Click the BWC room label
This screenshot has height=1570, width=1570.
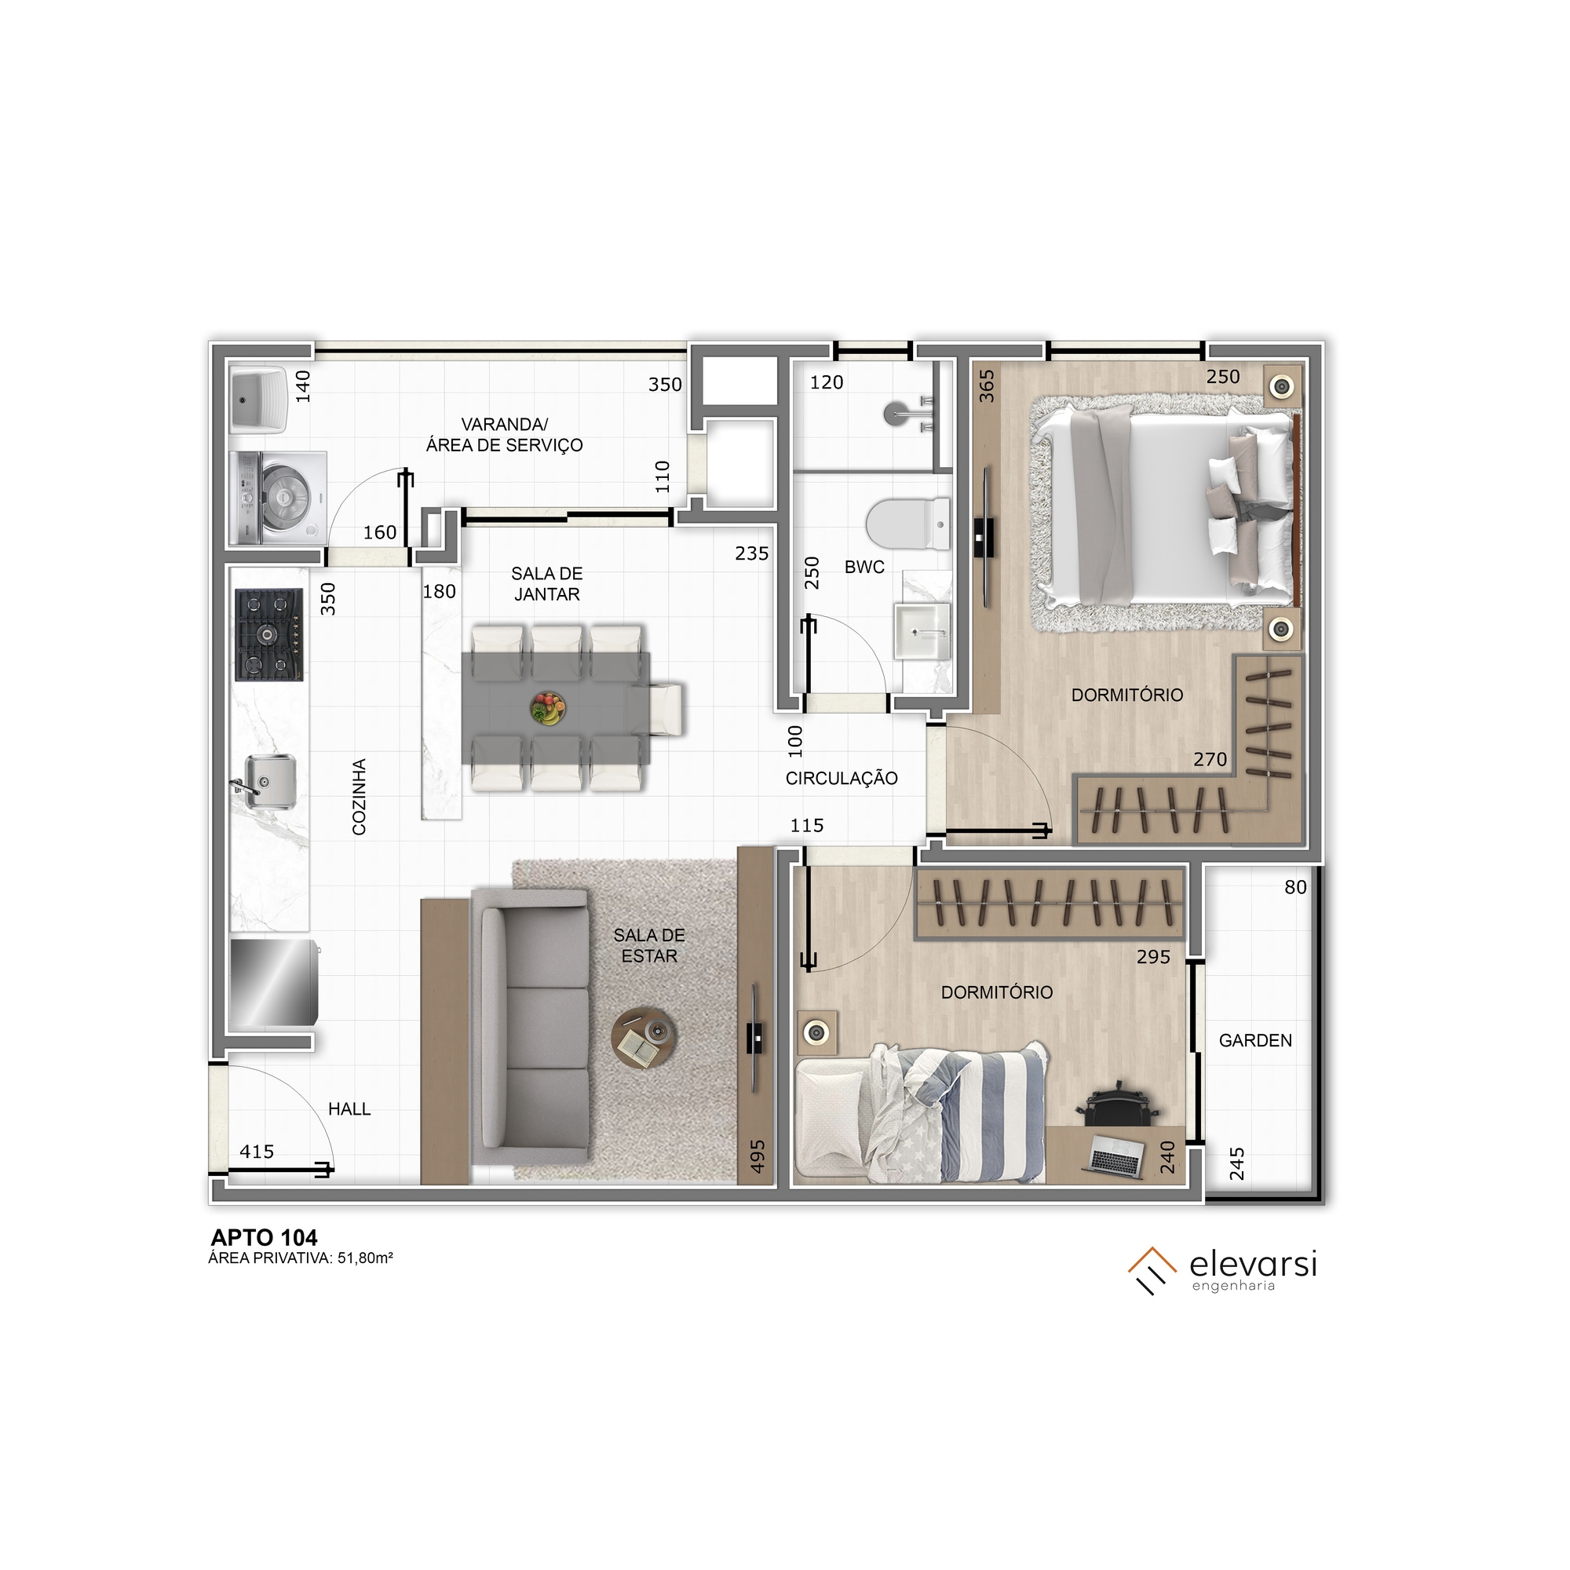point(863,568)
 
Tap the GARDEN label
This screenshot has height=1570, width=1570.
point(1254,1040)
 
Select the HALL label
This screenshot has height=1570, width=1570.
point(349,1108)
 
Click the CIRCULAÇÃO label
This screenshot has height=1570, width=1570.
point(841,779)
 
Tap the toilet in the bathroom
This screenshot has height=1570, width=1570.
point(907,524)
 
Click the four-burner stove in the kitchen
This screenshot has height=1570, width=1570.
point(269,634)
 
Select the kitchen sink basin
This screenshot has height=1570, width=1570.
point(269,781)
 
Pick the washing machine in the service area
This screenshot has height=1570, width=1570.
point(279,498)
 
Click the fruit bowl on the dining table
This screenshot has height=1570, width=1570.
point(548,708)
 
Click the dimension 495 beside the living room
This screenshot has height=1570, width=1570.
point(758,1156)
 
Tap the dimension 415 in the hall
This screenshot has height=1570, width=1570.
point(257,1152)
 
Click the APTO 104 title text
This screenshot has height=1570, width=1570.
point(264,1238)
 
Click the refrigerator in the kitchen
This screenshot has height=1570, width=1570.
point(273,984)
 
